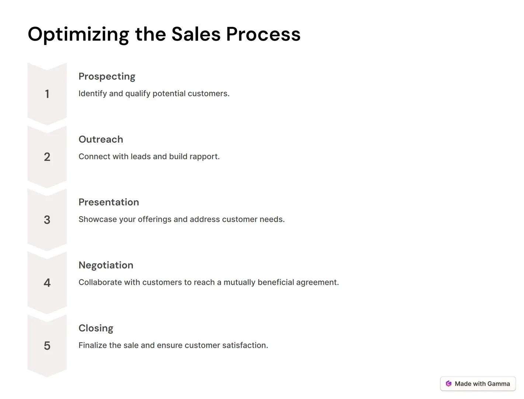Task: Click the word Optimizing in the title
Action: tap(78, 34)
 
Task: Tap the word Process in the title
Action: tap(263, 34)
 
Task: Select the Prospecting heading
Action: tap(107, 76)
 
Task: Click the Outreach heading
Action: tap(101, 139)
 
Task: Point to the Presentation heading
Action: tap(109, 202)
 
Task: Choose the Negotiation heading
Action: tap(106, 265)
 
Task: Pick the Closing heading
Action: tap(96, 328)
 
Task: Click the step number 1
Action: tap(47, 94)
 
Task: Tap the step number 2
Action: tap(47, 157)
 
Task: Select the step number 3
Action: tap(47, 220)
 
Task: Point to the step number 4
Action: tap(47, 283)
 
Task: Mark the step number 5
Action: tap(47, 346)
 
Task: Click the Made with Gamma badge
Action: tap(478, 384)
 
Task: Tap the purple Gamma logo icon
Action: tap(448, 384)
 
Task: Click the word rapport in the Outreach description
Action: tap(205, 157)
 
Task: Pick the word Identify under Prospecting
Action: tap(92, 93)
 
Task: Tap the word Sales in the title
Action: tap(196, 34)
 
